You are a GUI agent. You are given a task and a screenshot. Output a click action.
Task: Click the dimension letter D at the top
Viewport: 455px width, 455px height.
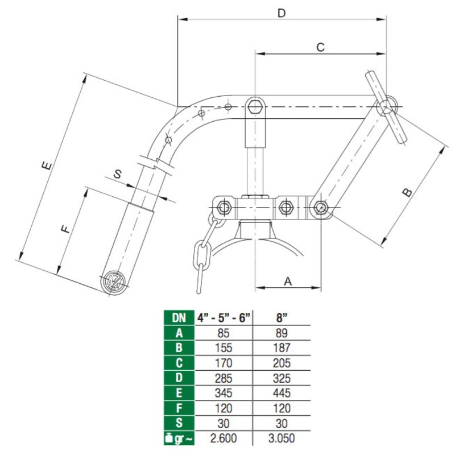(x=281, y=12)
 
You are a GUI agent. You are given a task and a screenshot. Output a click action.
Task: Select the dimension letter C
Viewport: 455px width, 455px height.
(x=320, y=47)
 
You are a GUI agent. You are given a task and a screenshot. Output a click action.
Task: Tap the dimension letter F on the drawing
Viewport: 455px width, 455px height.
(x=65, y=229)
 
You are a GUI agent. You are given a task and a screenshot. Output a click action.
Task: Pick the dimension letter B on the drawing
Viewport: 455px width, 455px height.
(x=407, y=192)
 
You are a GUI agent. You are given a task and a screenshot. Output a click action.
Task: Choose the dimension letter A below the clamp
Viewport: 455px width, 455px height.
(x=288, y=280)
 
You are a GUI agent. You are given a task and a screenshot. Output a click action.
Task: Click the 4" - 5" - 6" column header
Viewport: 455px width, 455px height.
(x=224, y=318)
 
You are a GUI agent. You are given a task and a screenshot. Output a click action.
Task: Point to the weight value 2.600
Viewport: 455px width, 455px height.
(x=224, y=439)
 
